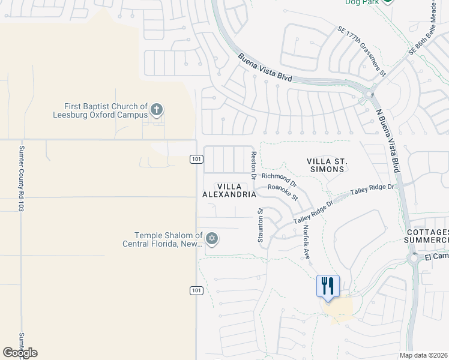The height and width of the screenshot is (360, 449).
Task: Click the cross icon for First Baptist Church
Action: point(157,110)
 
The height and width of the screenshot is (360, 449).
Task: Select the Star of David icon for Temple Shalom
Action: point(211,239)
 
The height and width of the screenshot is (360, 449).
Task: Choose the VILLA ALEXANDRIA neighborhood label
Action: point(229,191)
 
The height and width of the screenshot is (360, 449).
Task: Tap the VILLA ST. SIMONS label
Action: point(327,165)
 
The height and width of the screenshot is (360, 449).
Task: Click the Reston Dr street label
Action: point(254,163)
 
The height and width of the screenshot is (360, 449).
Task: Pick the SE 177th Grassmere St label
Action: point(361,50)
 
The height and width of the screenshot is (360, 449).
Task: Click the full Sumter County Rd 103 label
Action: point(21,179)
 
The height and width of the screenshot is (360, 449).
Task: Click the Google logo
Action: point(20,353)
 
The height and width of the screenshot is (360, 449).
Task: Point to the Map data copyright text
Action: point(423,355)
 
